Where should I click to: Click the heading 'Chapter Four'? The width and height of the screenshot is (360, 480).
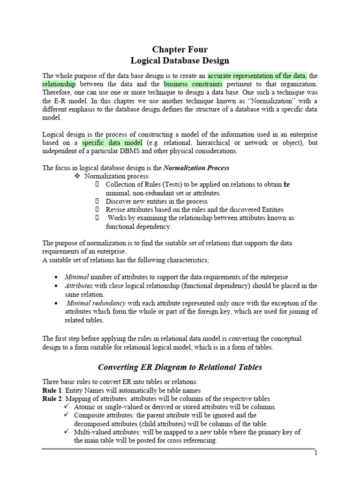coord(180,50)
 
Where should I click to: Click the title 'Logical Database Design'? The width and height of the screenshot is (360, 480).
coord(180,60)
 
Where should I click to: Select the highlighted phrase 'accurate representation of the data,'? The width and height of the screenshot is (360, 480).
coord(257,75)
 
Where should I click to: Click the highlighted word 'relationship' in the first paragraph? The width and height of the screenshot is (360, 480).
coord(59,84)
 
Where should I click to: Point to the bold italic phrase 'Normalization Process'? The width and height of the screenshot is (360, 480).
coord(196,167)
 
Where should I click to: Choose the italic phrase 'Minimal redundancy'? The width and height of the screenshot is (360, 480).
coord(96,303)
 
